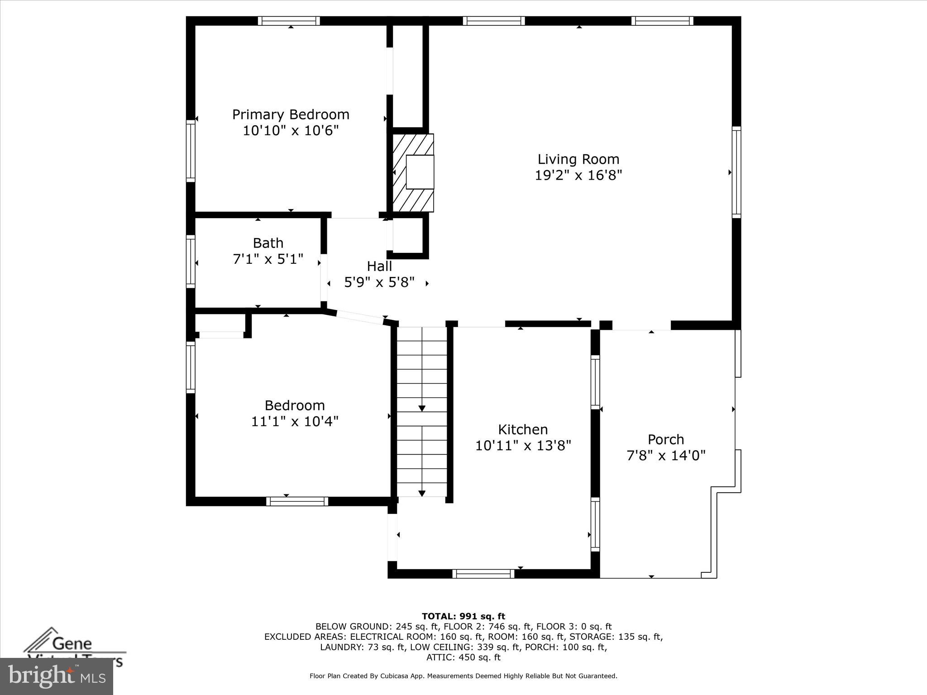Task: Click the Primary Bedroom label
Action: [x=291, y=114]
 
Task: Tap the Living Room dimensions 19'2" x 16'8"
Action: [x=578, y=176]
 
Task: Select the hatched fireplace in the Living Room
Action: [x=413, y=172]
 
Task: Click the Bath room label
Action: [x=268, y=243]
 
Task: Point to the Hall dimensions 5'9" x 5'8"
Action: [x=379, y=282]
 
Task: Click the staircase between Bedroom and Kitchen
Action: [x=422, y=412]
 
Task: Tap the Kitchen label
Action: [x=523, y=429]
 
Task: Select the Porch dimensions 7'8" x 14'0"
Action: [x=666, y=455]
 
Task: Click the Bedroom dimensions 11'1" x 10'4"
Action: [x=295, y=421]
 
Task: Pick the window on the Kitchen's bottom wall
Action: [x=483, y=574]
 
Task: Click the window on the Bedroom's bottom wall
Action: [x=297, y=501]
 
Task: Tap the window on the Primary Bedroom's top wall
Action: [x=289, y=21]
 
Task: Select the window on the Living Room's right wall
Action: [x=736, y=172]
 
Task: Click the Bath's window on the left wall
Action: [x=191, y=261]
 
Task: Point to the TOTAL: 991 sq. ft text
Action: [x=463, y=616]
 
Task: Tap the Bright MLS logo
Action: [x=57, y=676]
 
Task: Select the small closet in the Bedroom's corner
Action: [x=220, y=324]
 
